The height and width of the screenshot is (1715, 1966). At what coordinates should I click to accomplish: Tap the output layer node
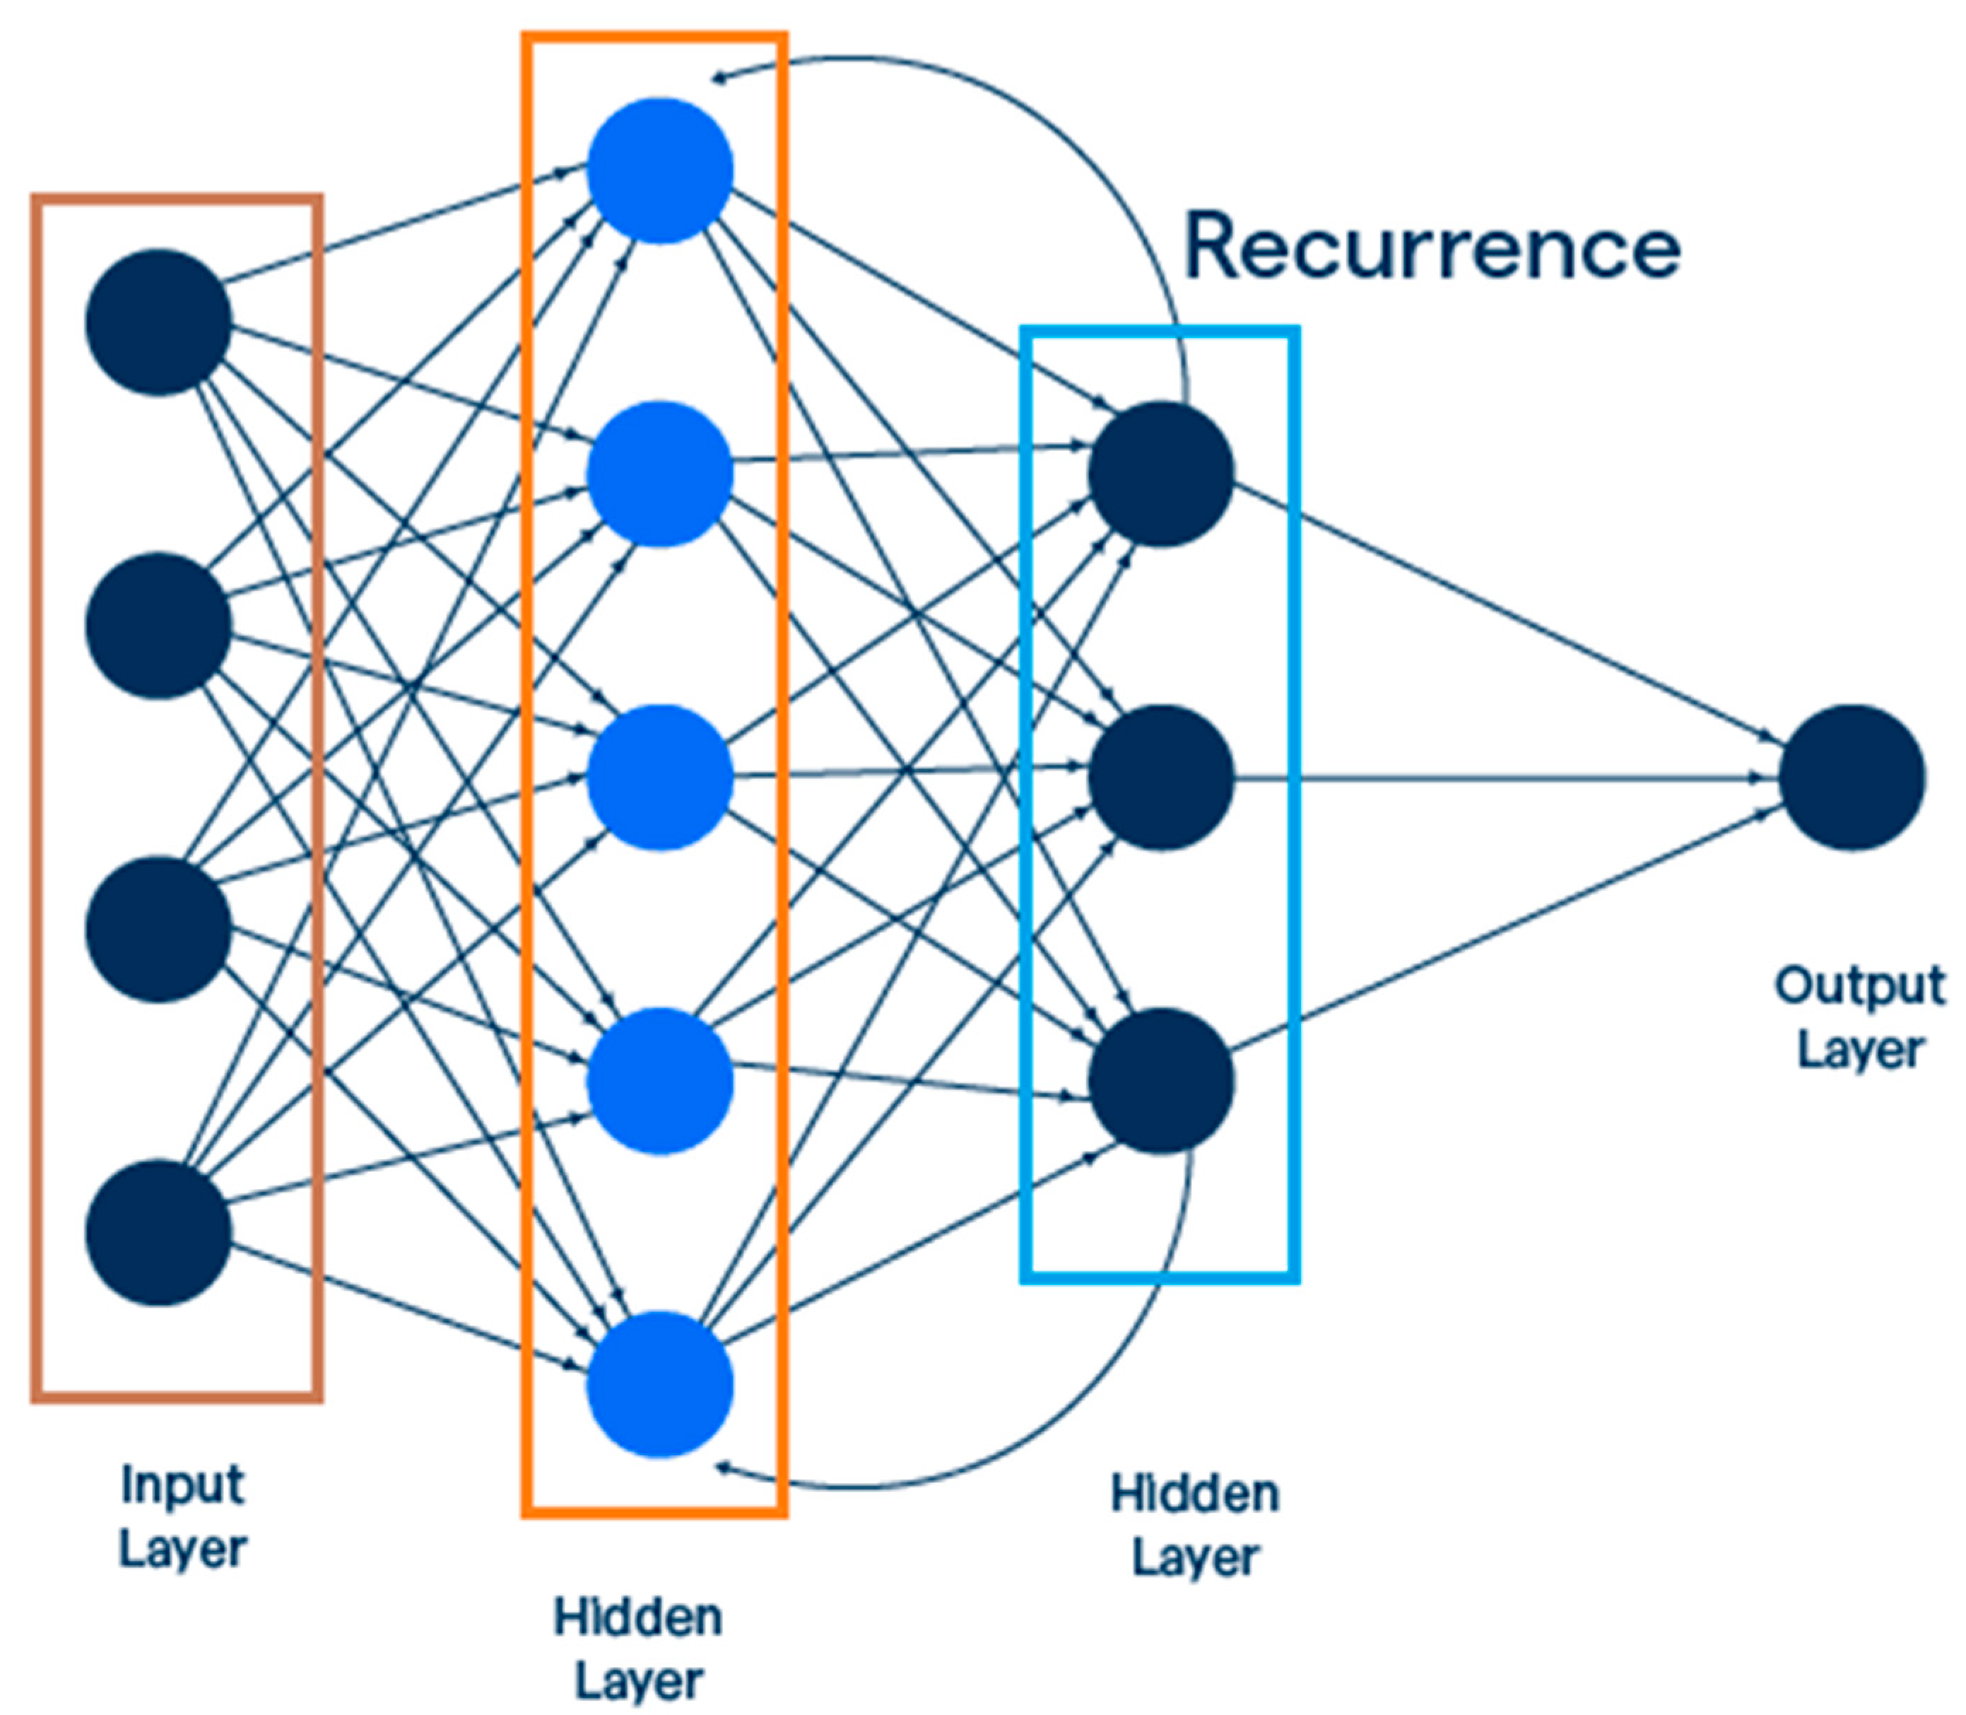coord(1852,777)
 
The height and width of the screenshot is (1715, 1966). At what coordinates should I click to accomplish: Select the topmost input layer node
coord(158,322)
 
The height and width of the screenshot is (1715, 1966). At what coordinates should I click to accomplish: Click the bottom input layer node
coord(158,1233)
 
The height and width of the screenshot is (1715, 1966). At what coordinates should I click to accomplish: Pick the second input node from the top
coord(158,625)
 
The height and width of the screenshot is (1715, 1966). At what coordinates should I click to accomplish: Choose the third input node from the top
coord(158,930)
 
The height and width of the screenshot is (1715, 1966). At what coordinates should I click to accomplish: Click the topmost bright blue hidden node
coord(659,170)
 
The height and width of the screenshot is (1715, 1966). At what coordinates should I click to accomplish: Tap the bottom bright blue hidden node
coord(659,1385)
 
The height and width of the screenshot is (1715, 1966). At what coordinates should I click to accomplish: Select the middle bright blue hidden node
coord(659,777)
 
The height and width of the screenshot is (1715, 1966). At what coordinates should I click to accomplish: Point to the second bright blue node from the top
coord(659,474)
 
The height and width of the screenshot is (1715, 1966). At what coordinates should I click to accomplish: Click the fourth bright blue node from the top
coord(659,1082)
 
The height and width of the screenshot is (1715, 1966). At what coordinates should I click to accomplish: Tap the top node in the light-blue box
coord(1160,474)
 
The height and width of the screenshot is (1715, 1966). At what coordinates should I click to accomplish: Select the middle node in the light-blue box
coord(1160,777)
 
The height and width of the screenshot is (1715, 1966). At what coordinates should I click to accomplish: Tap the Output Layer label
coord(1859,1017)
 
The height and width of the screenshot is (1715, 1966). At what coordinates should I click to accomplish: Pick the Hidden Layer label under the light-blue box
coord(1194,1526)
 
